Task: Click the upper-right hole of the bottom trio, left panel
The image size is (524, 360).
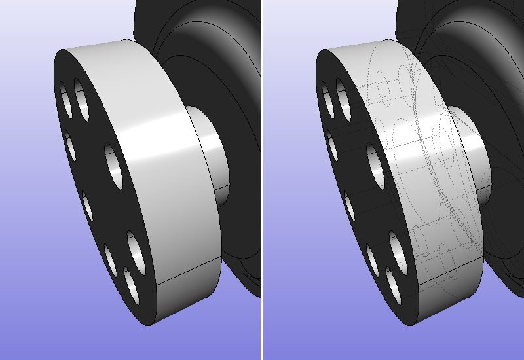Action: tap(134, 248)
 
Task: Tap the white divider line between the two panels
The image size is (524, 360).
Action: tap(261, 180)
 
